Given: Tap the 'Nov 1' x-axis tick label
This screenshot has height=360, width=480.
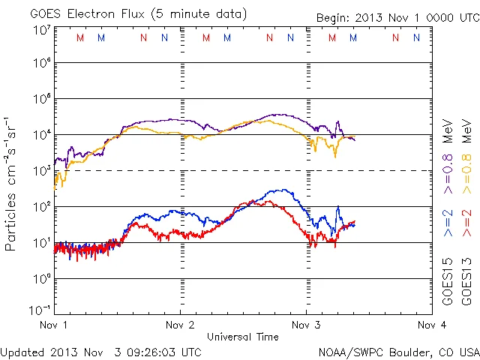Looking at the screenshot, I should point(54,325).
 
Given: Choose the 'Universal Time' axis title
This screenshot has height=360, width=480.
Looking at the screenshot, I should point(243,337).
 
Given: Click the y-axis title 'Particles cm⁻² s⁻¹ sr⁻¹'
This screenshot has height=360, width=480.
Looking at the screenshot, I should point(13,184).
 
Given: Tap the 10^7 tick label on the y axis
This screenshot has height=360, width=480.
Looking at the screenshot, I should point(41,31).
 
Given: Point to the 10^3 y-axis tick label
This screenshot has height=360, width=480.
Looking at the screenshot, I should point(41,170).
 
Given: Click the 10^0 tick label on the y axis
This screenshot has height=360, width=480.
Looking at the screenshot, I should point(41,278).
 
